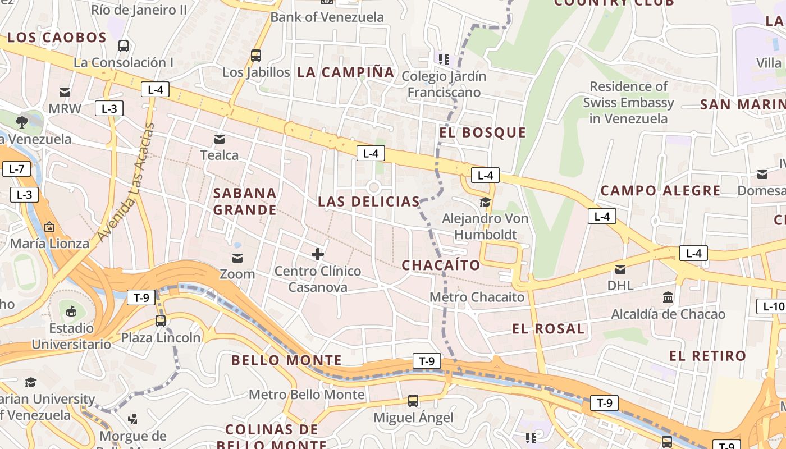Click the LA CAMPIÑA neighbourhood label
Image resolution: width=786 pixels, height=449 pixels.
(346, 72)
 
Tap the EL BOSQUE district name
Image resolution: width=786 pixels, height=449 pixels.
(483, 132)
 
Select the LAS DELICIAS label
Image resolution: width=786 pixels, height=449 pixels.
(369, 201)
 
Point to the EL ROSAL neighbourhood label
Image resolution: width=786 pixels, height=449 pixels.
(548, 329)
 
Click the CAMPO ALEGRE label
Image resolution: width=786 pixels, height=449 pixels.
(660, 191)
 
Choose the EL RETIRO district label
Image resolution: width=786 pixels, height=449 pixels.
(707, 356)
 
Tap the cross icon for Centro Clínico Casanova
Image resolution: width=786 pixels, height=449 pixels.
(318, 254)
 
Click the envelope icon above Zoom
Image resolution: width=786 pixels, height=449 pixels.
(237, 258)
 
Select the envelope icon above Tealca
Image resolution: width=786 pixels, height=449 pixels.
(220, 139)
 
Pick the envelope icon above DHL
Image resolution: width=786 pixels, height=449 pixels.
(620, 269)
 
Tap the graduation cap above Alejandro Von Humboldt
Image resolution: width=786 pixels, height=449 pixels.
(485, 202)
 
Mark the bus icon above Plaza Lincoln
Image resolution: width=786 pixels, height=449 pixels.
(161, 321)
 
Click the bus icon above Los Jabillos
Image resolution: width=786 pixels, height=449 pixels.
(256, 56)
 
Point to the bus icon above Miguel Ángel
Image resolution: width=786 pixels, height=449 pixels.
(413, 401)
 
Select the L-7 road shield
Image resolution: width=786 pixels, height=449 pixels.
(16, 169)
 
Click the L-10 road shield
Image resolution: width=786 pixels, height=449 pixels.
(773, 306)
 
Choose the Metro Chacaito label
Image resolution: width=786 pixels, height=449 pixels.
(477, 297)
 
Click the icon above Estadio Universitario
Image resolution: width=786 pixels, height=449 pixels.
(71, 311)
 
